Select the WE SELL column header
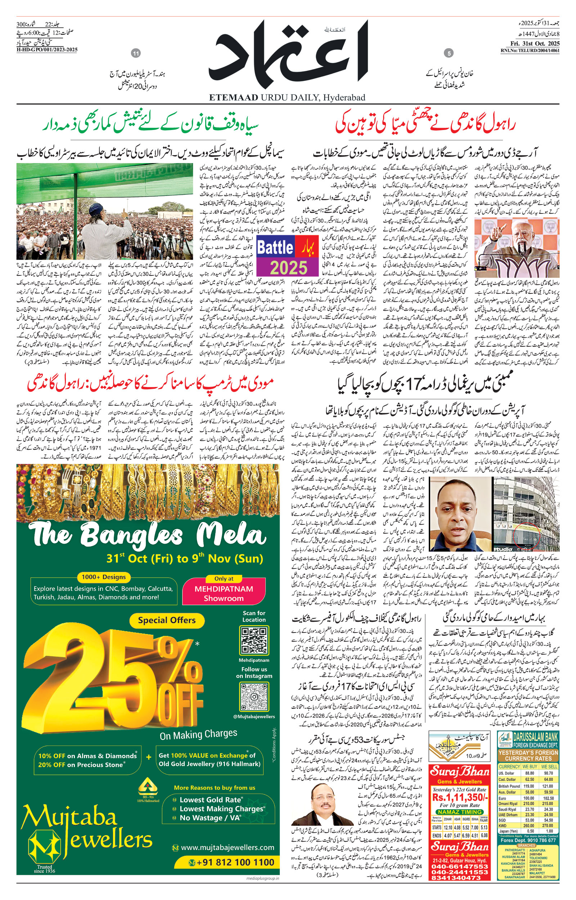549,766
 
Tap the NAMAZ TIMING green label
459,812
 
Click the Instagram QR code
254,697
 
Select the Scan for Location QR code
254,640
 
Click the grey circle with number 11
136,54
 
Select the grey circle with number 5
449,54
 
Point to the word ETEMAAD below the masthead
233,98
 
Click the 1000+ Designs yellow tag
104,577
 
